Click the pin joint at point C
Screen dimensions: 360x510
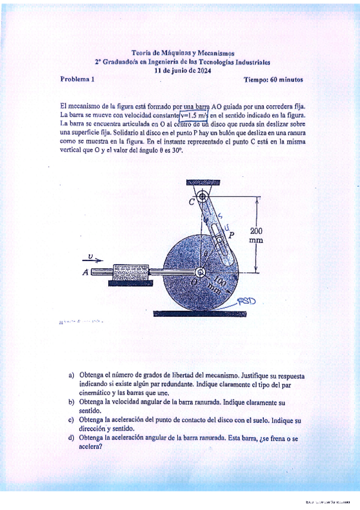(x=203, y=196)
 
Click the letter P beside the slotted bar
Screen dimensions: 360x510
(x=231, y=233)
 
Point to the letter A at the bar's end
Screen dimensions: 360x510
(x=85, y=272)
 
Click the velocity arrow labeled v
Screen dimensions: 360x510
(x=93, y=259)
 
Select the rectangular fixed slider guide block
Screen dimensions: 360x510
(x=129, y=273)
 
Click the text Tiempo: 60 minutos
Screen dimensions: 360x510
(x=273, y=79)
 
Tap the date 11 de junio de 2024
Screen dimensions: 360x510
(x=183, y=70)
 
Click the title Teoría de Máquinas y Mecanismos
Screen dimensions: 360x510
(x=183, y=53)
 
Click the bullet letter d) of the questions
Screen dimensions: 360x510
(x=72, y=438)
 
